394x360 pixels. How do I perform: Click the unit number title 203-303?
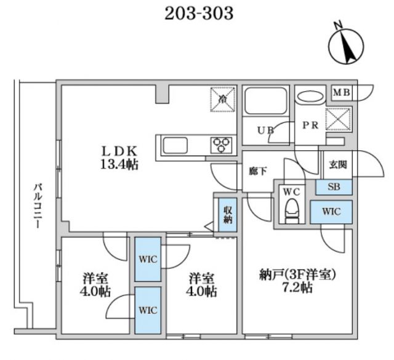point(199,14)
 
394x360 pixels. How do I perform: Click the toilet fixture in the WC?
point(291,210)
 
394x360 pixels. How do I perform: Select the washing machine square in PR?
point(338,119)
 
